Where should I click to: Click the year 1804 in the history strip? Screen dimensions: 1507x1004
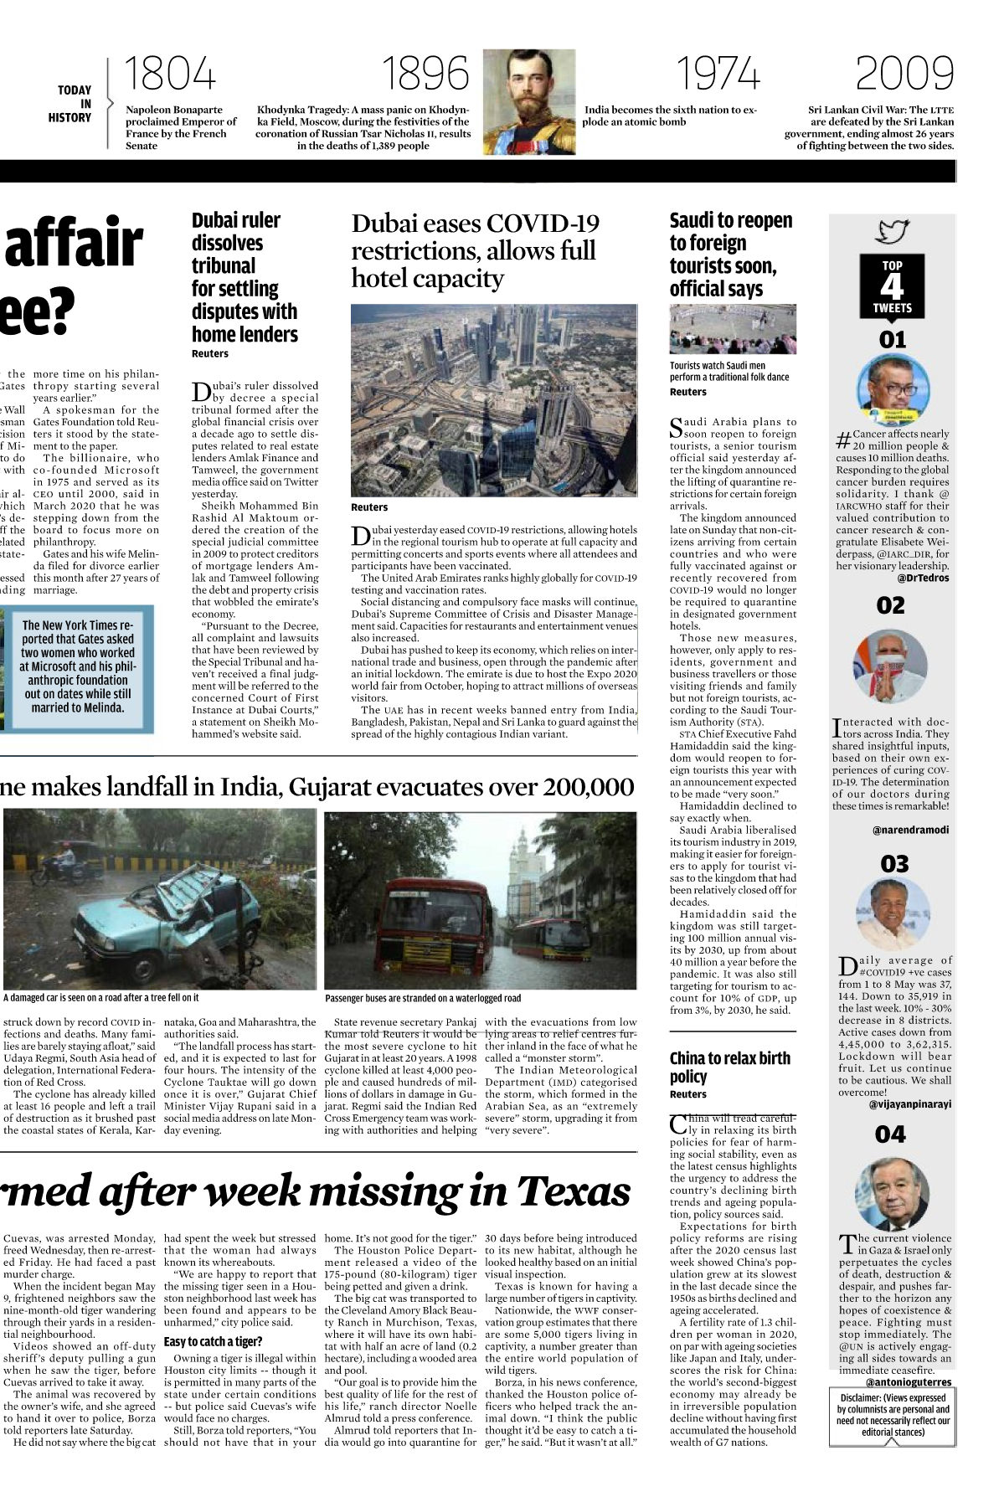[170, 75]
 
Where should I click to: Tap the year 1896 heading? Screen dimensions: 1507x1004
[425, 75]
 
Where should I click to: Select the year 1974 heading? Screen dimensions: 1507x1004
[718, 75]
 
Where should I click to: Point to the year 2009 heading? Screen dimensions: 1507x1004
[904, 75]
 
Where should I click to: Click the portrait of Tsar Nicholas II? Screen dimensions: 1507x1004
[529, 100]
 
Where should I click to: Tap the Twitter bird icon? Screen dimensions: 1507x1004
[893, 231]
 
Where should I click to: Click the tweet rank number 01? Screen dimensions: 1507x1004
[893, 340]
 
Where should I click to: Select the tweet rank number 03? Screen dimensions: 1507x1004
[893, 864]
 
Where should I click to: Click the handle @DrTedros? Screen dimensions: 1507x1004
[923, 578]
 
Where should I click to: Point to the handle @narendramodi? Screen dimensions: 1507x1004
[910, 830]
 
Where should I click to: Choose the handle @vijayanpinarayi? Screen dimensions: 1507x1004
[909, 1104]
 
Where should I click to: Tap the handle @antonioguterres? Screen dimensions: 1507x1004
[908, 1382]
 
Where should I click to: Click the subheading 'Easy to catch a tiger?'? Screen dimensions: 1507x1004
[213, 1341]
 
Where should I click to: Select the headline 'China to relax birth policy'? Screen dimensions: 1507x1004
[729, 1067]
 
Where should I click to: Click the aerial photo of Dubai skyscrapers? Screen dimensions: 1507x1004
[493, 400]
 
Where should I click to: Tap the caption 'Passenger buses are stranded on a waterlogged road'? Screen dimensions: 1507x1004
[423, 998]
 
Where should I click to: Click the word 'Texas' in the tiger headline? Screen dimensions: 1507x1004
[573, 1191]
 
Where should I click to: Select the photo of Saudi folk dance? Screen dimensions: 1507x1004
[733, 329]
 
